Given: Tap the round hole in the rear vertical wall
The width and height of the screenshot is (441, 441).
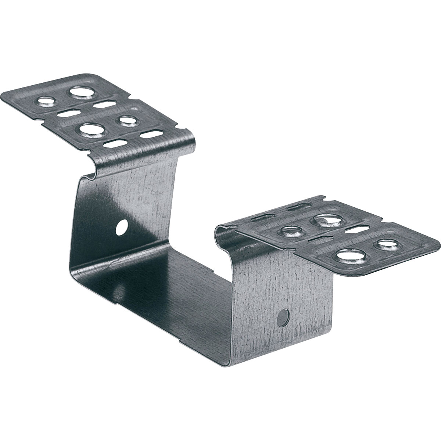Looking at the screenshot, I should pyautogui.click(x=120, y=227).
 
